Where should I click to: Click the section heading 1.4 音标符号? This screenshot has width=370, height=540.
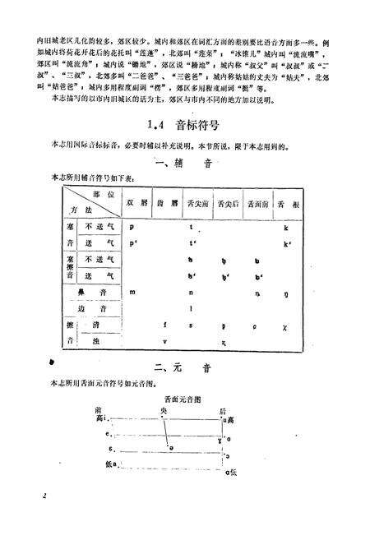(x=183, y=127)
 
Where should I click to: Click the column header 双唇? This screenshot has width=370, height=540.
(x=136, y=201)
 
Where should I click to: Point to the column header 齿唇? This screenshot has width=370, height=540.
(x=169, y=201)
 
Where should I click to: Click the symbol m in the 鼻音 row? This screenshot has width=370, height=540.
(x=132, y=292)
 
